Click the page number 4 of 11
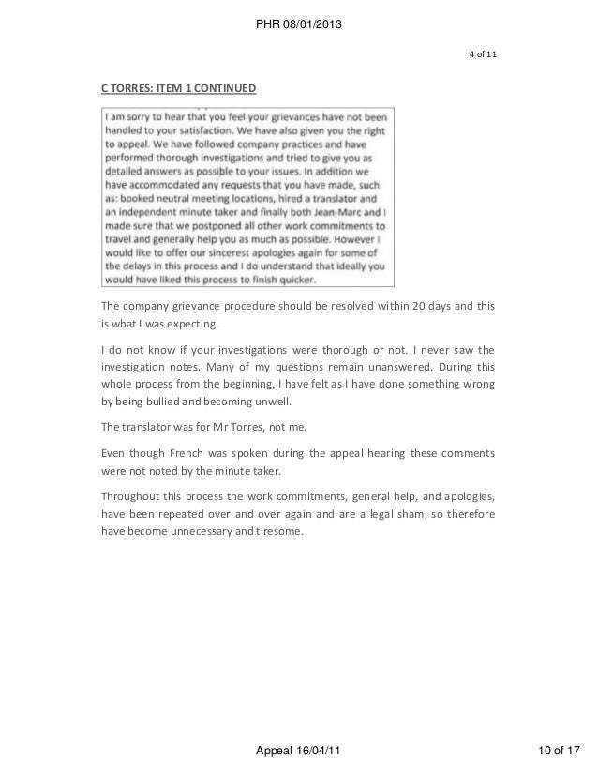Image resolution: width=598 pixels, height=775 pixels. pos(483,52)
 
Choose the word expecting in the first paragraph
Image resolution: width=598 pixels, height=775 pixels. pos(188,325)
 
